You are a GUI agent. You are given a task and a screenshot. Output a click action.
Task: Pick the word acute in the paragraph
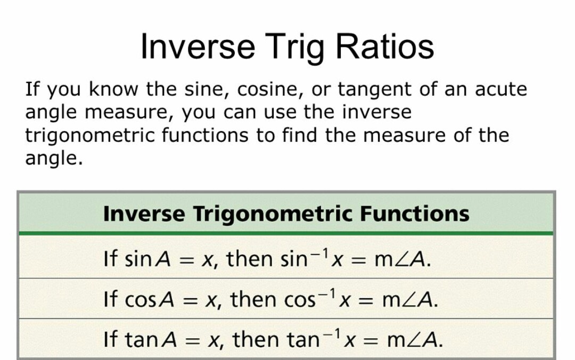pyautogui.click(x=501, y=89)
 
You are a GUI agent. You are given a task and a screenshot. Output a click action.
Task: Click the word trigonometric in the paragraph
pyautogui.click(x=91, y=136)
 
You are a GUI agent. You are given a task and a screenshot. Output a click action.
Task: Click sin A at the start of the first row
pyautogui.click(x=147, y=259)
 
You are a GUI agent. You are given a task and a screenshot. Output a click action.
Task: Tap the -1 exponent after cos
pyautogui.click(x=327, y=293)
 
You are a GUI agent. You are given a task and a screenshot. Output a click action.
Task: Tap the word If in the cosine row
pyautogui.click(x=110, y=299)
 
